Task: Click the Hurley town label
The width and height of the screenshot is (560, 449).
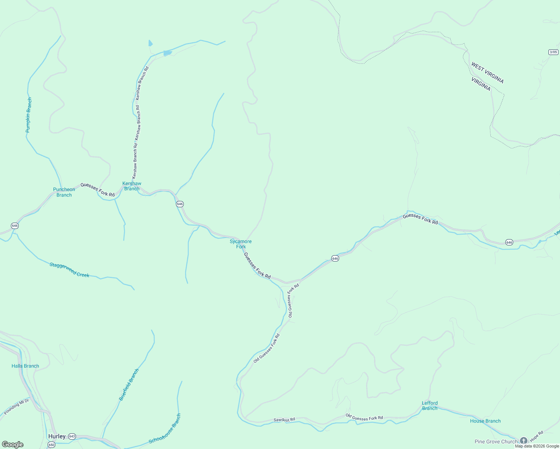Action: (57, 436)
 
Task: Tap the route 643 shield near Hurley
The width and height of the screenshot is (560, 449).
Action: (72, 437)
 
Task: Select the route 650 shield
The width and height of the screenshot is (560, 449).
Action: (51, 445)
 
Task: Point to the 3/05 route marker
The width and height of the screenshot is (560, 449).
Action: (553, 52)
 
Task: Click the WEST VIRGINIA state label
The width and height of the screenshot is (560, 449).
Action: (487, 73)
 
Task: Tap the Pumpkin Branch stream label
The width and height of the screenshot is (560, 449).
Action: (28, 115)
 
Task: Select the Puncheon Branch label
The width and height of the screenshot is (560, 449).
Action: (64, 192)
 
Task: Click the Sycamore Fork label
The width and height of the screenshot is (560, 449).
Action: (241, 244)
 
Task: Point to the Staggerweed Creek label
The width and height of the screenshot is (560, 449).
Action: (70, 270)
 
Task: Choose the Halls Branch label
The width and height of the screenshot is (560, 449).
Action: (25, 366)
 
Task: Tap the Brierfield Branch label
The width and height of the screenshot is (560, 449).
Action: (129, 385)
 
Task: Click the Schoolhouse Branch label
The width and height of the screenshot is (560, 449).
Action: (165, 429)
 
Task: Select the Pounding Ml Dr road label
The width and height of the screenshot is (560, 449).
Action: (16, 407)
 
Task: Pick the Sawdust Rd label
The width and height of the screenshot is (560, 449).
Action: (284, 420)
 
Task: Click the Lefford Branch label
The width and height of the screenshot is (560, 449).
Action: (430, 406)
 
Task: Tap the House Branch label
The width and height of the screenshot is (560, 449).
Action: (485, 421)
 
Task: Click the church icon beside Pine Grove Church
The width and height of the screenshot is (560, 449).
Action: (523, 441)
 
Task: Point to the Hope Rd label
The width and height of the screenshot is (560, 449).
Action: (536, 436)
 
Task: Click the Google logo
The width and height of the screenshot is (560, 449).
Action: (13, 445)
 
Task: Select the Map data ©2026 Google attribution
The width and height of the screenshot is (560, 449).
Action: (537, 446)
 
